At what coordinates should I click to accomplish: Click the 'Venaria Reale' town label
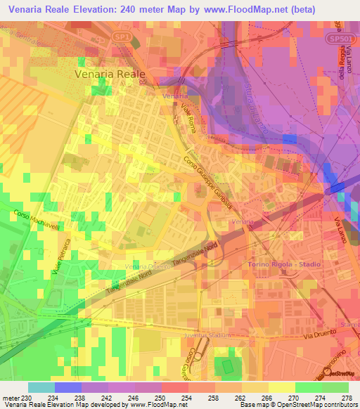pyautogui.click(x=110, y=73)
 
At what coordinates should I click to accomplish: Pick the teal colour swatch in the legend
pyautogui.click(x=41, y=387)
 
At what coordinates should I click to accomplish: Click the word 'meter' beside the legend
pyautogui.click(x=9, y=398)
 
